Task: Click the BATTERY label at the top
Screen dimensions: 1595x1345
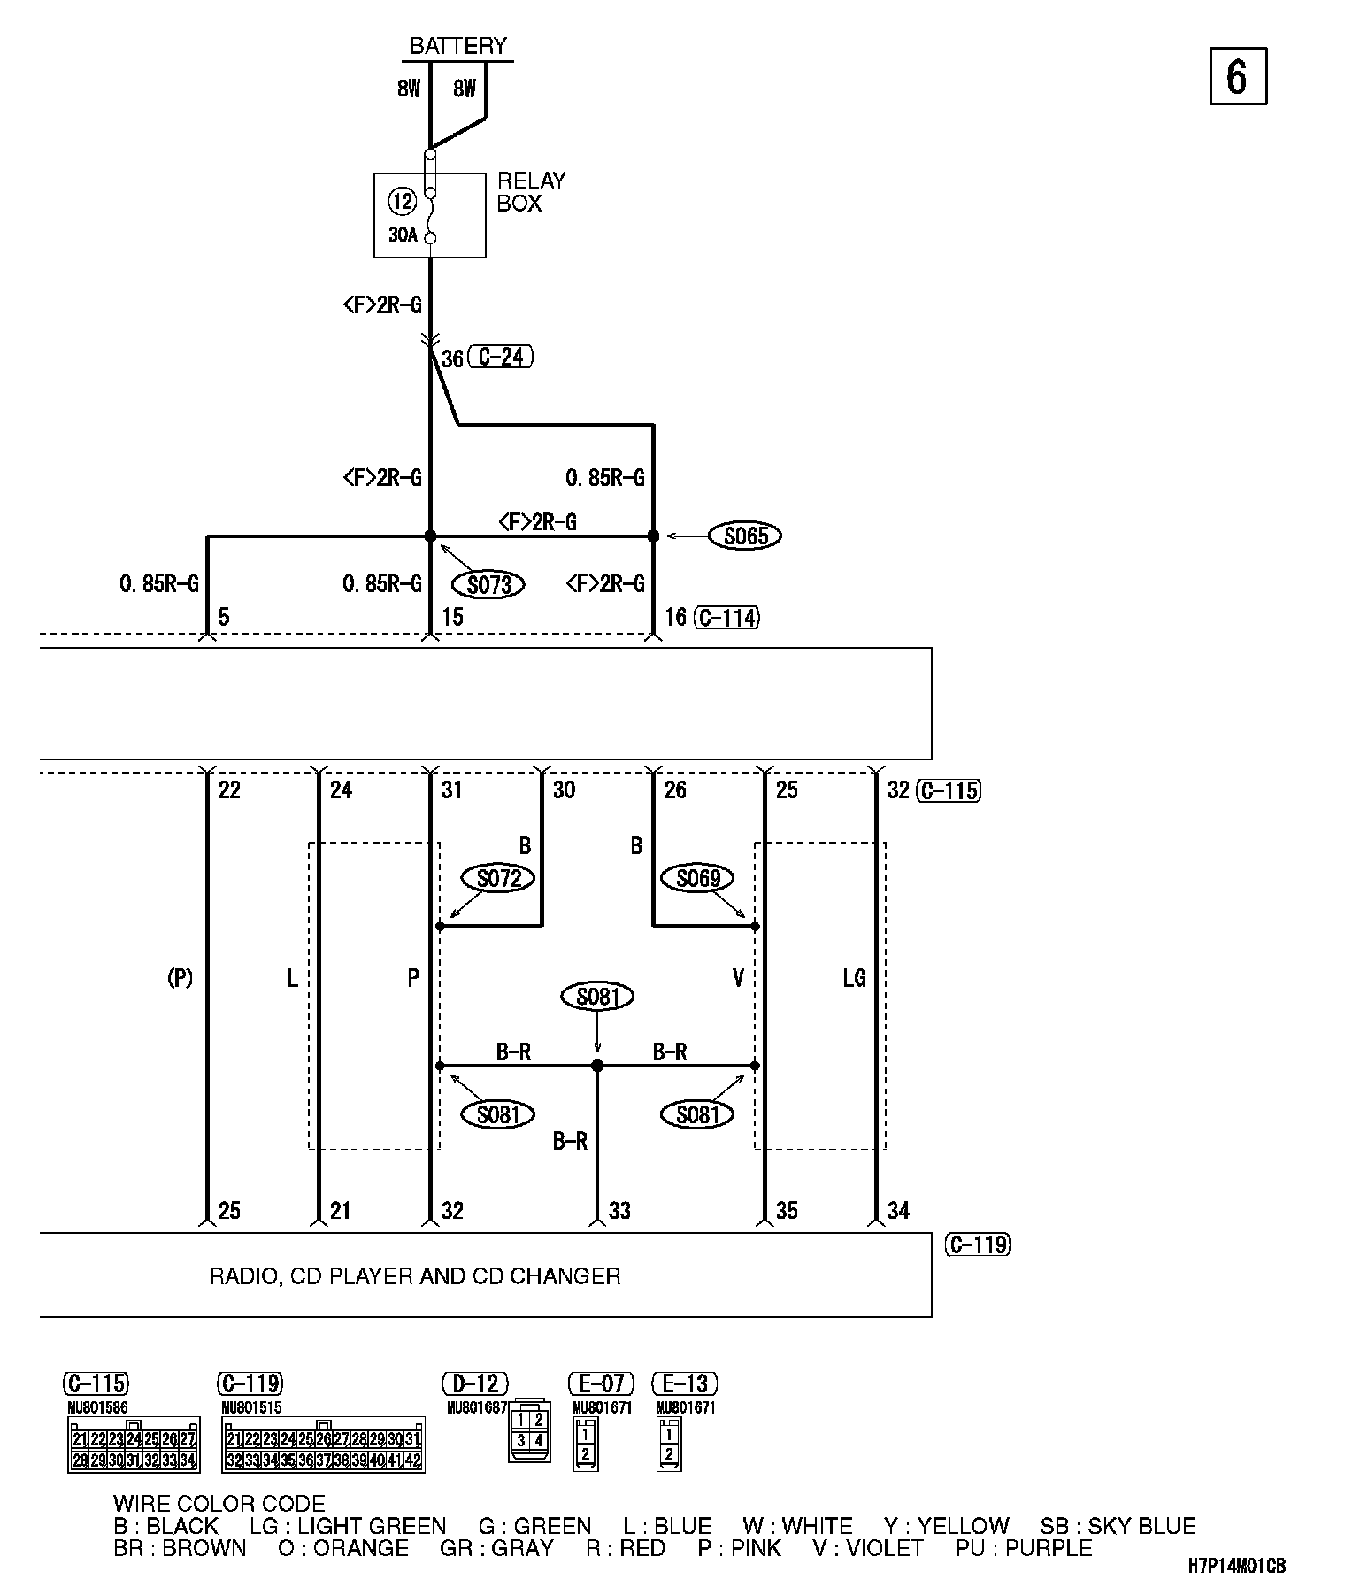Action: click(x=458, y=46)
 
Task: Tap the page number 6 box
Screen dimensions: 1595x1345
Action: click(x=1237, y=76)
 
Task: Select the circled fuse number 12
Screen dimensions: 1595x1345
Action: click(x=403, y=202)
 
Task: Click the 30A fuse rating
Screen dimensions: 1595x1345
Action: click(x=403, y=235)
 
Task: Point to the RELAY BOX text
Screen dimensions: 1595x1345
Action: click(x=531, y=192)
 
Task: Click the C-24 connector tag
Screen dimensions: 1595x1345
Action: click(x=501, y=358)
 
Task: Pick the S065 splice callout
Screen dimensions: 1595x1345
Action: click(x=745, y=536)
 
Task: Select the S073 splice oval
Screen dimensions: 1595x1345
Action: click(x=488, y=584)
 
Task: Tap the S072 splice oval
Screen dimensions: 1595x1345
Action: click(x=499, y=878)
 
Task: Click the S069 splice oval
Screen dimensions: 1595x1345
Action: click(x=698, y=878)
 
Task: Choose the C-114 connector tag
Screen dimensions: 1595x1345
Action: click(x=726, y=618)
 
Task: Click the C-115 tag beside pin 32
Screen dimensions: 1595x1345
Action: click(x=949, y=790)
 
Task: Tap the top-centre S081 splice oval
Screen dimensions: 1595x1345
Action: click(x=598, y=997)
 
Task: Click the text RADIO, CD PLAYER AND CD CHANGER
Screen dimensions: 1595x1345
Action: click(x=414, y=1275)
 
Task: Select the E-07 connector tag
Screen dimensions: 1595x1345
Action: click(x=602, y=1383)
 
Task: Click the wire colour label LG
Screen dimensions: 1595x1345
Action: click(x=854, y=978)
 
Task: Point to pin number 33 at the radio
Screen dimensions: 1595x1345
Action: click(x=619, y=1210)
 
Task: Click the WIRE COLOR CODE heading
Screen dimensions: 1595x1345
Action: click(x=219, y=1503)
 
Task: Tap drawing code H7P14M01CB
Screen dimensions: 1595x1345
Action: click(x=1236, y=1566)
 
